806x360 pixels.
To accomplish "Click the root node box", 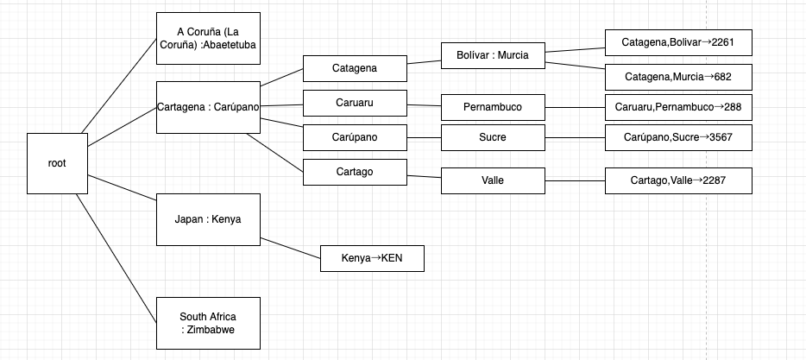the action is pos(57,163).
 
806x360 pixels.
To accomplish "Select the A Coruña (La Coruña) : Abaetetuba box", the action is pos(208,39).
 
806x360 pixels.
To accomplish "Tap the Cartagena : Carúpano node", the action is pos(208,108).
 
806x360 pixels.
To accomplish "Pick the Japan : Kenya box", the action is pos(208,219).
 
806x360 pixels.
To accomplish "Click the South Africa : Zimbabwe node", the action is pos(208,323).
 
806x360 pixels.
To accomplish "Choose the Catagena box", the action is pos(355,68).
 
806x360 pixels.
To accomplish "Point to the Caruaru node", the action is pos(355,103).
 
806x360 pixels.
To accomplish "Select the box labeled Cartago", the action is pos(355,172).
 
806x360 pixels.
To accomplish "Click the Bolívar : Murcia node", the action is pos(493,55).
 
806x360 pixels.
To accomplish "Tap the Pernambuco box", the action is pos(493,108).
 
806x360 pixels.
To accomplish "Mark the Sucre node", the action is pos(493,137).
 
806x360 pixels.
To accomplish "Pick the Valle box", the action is pos(493,180).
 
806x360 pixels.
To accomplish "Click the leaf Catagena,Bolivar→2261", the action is pos(678,42).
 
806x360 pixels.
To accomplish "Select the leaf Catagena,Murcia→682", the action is pos(678,77).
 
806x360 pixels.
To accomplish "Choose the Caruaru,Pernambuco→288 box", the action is pos(678,108).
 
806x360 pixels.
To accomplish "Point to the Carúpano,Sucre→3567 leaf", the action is pos(678,137).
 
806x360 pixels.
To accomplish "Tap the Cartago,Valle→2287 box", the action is pos(678,180).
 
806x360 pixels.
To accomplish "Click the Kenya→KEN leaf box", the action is pos(372,258).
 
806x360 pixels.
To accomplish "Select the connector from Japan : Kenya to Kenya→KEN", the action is pos(291,248).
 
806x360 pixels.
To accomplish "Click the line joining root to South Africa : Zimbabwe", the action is pos(116,258).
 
